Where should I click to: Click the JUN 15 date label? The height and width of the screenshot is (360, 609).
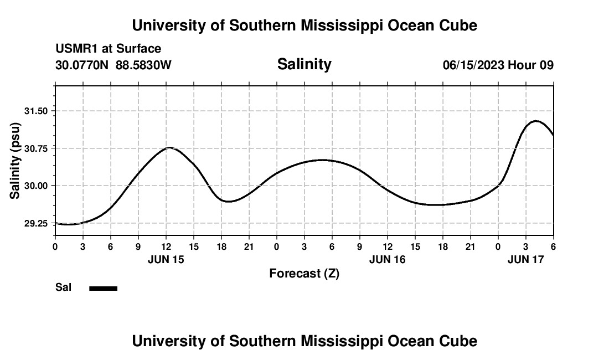tap(166, 259)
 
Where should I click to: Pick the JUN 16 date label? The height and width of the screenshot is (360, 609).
tap(388, 259)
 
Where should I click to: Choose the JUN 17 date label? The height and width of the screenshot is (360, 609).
tap(526, 259)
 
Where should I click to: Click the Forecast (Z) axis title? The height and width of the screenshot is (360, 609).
tap(304, 273)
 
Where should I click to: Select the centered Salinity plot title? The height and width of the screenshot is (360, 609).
tap(304, 64)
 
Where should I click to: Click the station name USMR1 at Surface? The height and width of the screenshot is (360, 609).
tap(108, 49)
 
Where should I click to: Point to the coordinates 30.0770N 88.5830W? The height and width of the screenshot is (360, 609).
tap(113, 65)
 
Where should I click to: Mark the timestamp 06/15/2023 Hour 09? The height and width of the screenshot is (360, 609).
tap(498, 65)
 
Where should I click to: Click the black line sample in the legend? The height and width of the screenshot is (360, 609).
tap(104, 288)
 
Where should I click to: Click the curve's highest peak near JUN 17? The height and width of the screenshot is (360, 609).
tap(536, 121)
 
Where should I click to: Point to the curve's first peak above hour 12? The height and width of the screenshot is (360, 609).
tap(170, 147)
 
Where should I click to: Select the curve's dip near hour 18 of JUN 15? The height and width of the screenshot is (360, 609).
tap(228, 202)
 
